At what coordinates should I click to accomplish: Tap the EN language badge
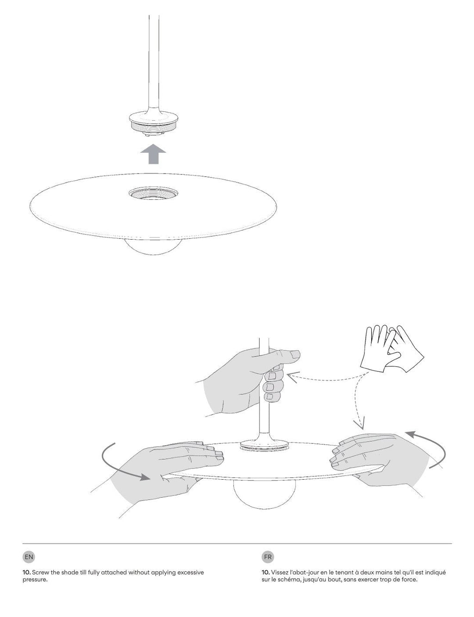(29, 557)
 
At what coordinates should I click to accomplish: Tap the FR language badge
(268, 557)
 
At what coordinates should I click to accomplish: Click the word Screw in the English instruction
(40, 573)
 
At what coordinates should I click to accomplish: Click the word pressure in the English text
(35, 580)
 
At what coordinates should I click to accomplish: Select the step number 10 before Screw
(26, 573)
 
